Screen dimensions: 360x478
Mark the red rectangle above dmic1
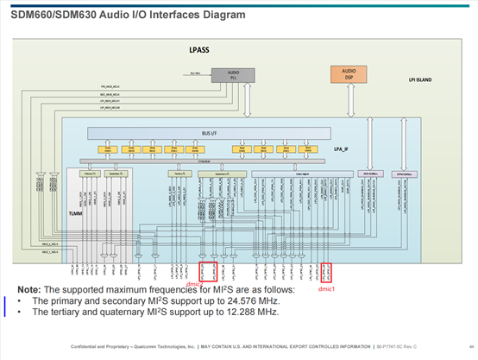(325, 274)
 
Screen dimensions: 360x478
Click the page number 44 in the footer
(462, 346)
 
